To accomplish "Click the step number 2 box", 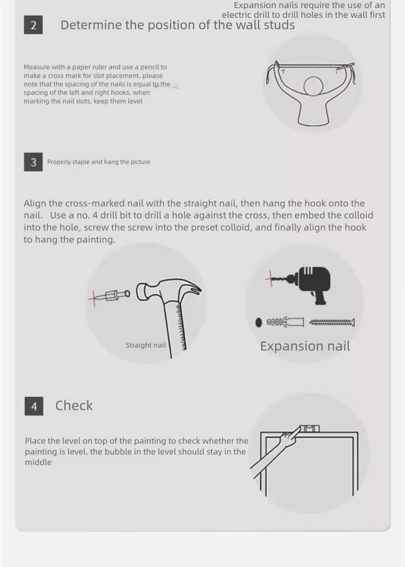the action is tap(33, 25).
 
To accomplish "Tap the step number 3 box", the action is tap(33, 162).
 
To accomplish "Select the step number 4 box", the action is tap(34, 406).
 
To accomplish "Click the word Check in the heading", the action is tap(74, 405).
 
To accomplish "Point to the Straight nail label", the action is tap(146, 345).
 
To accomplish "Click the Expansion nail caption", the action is tap(305, 346).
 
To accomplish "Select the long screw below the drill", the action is tap(332, 322).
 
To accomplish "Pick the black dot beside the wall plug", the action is tap(259, 322).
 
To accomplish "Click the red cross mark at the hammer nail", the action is tap(94, 298).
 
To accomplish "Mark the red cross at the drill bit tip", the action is tap(271, 278).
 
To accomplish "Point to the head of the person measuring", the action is tap(313, 86).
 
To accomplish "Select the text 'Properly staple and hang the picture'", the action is tap(99, 162).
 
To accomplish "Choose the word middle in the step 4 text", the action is tap(38, 462).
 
